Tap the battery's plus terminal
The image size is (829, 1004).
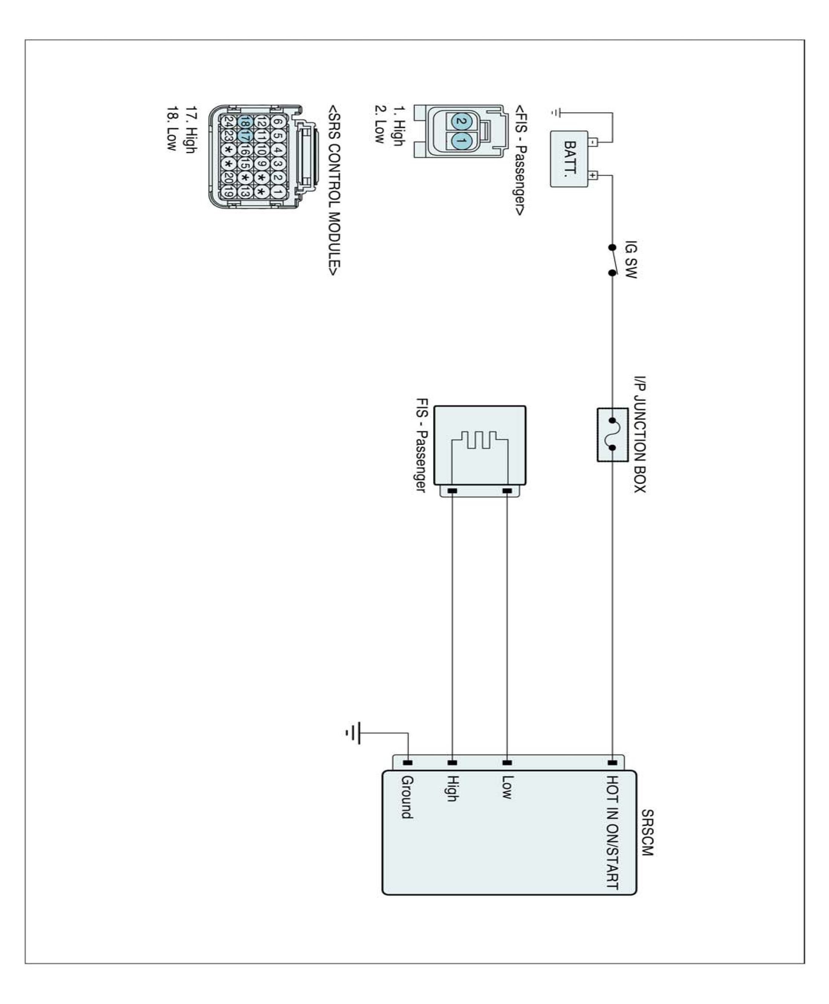593,175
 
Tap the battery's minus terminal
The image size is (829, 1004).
593,142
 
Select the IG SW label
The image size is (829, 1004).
630,259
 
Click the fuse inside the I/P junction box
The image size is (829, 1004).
612,434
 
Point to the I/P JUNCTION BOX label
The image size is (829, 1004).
640,434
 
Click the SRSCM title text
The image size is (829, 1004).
647,833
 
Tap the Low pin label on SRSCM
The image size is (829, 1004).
507,787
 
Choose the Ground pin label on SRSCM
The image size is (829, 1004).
407,797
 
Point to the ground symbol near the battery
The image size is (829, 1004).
555,113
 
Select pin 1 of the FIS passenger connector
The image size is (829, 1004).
461,141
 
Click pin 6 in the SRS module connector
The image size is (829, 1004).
277,122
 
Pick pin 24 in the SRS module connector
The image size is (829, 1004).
229,122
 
